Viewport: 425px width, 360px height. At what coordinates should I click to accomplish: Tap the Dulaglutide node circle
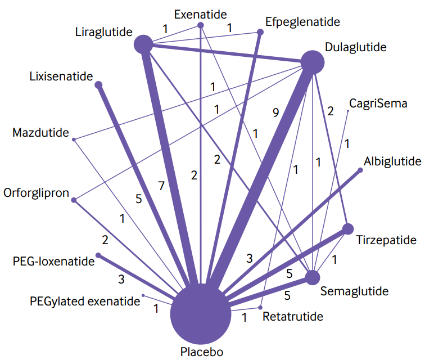pyautogui.click(x=313, y=62)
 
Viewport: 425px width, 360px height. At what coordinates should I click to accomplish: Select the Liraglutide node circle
pyautogui.click(x=144, y=44)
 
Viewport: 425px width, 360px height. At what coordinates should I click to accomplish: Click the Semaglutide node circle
pyautogui.click(x=313, y=277)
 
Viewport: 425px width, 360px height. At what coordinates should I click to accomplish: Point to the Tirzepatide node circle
pyautogui.click(x=347, y=228)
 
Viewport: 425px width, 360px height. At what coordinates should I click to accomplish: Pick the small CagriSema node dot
pyautogui.click(x=348, y=111)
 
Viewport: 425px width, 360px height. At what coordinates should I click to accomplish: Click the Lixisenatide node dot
pyautogui.click(x=98, y=85)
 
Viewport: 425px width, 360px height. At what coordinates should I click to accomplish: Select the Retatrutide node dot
pyautogui.click(x=260, y=307)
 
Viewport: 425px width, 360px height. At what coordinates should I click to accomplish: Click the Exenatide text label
pyautogui.click(x=200, y=12)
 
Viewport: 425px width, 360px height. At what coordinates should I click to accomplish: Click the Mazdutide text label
pyautogui.click(x=40, y=133)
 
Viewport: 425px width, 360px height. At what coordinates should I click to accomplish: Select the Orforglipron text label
pyautogui.click(x=36, y=193)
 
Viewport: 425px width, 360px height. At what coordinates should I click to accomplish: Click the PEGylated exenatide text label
pyautogui.click(x=85, y=301)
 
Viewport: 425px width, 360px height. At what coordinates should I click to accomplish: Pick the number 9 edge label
pyautogui.click(x=275, y=112)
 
